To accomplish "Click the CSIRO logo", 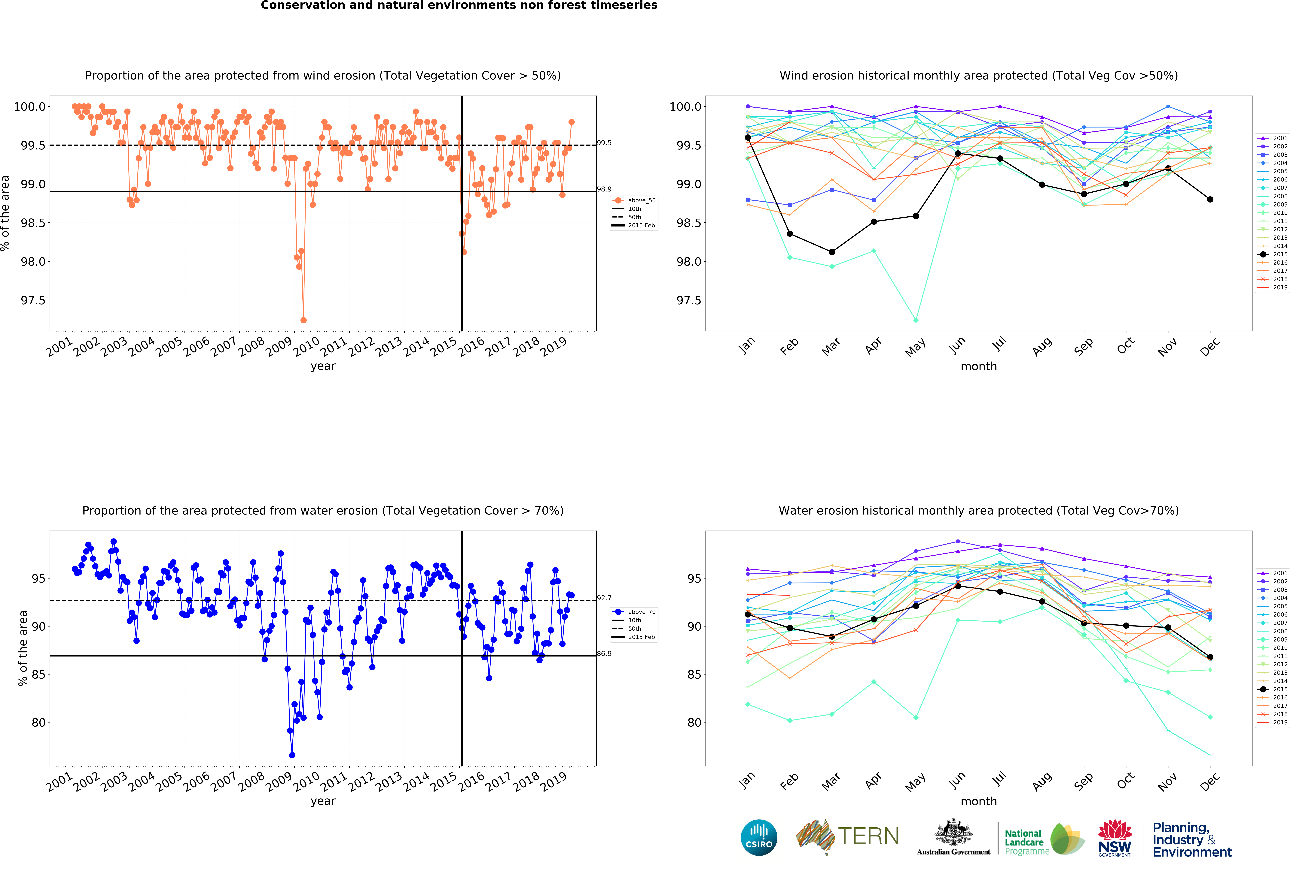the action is coord(759,837).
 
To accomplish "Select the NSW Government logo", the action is coord(1115,838).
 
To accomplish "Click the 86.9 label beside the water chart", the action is coord(604,653).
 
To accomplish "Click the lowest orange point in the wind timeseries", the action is coord(303,320).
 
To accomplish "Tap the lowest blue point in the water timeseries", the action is coord(292,755).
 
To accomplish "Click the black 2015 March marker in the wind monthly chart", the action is coord(831,252).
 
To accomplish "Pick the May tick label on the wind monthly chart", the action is coord(915,347).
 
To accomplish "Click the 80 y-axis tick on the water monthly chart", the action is coord(694,722).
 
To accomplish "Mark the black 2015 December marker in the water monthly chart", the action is coord(1210,657).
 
